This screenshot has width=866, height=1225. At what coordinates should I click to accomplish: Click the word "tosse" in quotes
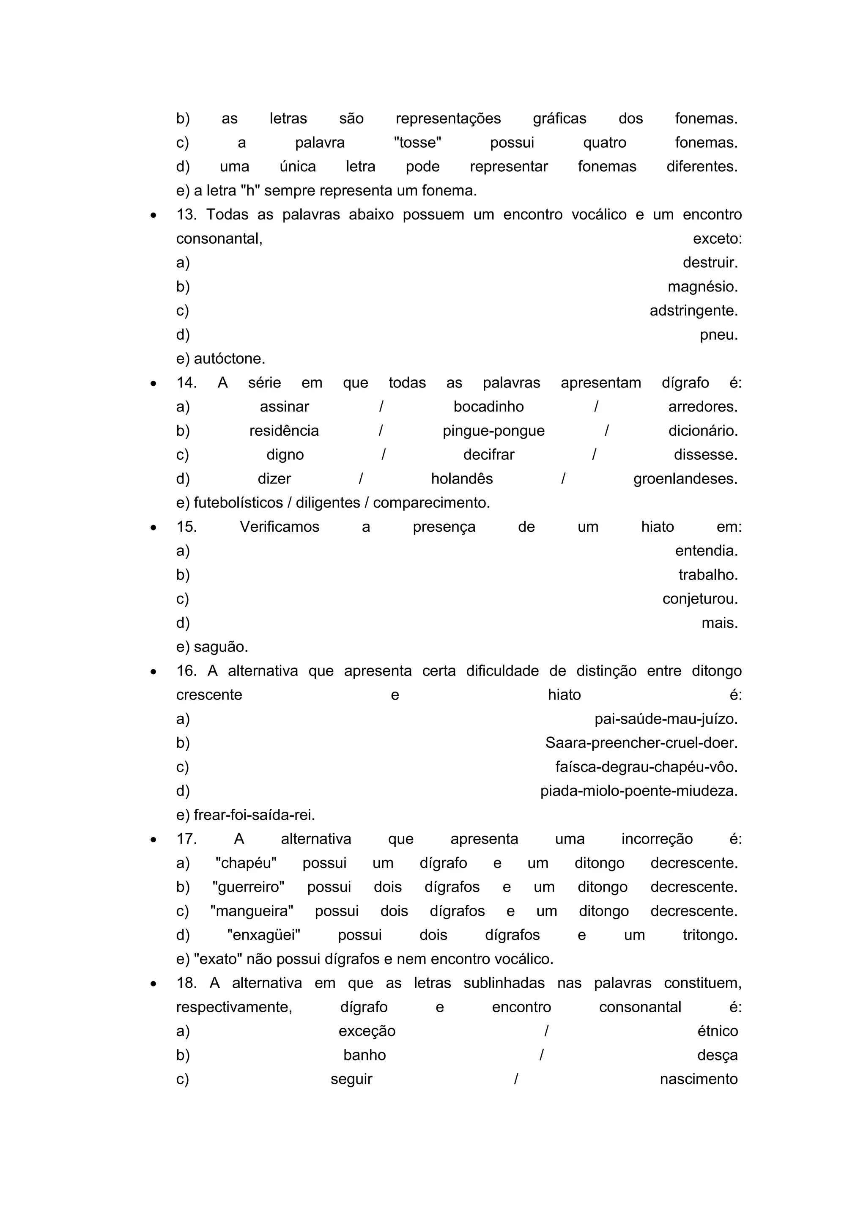point(417,143)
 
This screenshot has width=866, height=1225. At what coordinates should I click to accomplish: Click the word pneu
point(718,335)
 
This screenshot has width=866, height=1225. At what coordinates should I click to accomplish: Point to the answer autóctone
point(229,359)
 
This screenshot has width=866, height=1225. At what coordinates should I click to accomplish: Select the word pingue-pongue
point(493,431)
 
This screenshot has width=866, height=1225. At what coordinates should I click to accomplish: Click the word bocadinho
point(488,407)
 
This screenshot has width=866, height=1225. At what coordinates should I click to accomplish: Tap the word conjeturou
point(700,599)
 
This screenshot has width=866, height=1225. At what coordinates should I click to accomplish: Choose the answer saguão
point(220,647)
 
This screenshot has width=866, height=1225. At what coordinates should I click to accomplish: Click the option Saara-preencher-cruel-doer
point(641,743)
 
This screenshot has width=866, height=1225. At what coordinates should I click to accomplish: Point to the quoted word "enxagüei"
point(263,935)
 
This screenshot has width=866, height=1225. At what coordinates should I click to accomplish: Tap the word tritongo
point(710,935)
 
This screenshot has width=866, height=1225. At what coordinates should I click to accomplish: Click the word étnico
point(717,1031)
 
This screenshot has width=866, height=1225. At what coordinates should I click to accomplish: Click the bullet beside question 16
point(153,672)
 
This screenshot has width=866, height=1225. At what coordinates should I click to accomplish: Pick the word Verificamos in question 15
point(279,527)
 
